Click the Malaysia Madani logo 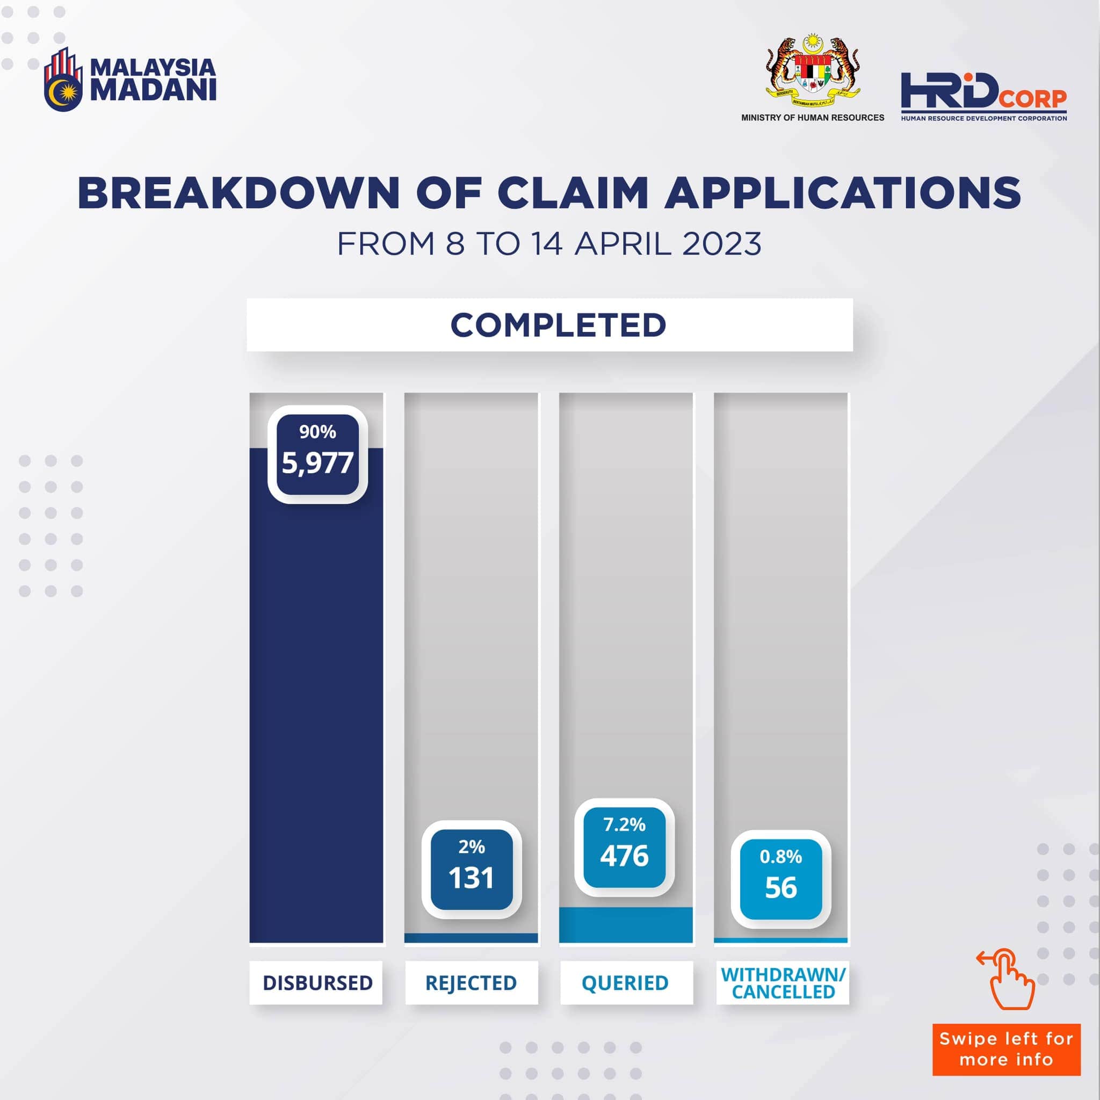pyautogui.click(x=130, y=79)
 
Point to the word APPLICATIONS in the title pyautogui.click(x=843, y=193)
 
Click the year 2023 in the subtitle pyautogui.click(x=721, y=244)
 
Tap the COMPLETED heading pyautogui.click(x=558, y=325)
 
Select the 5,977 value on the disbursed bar pyautogui.click(x=318, y=463)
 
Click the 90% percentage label pyautogui.click(x=318, y=432)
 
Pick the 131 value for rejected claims pyautogui.click(x=471, y=878)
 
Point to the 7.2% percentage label pyautogui.click(x=625, y=824)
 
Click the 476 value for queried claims pyautogui.click(x=625, y=856)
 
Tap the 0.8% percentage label pyautogui.click(x=780, y=856)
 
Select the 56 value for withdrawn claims pyautogui.click(x=781, y=888)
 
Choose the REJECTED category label pyautogui.click(x=471, y=983)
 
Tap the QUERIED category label pyautogui.click(x=625, y=983)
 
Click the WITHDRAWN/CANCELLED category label pyautogui.click(x=784, y=983)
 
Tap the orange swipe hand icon pyautogui.click(x=1006, y=979)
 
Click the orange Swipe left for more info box pyautogui.click(x=1006, y=1050)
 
